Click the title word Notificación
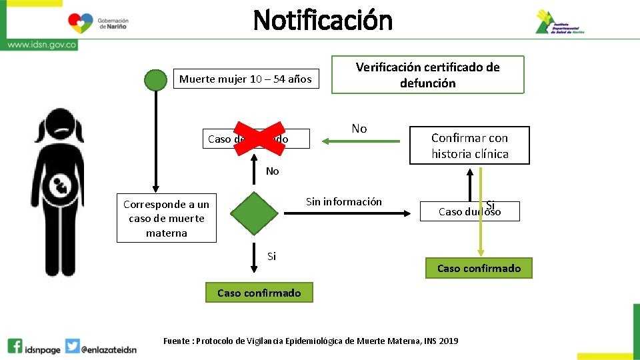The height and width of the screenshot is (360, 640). pyautogui.click(x=323, y=20)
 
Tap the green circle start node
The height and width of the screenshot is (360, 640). pyautogui.click(x=156, y=79)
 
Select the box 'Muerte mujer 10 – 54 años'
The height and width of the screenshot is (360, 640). pyautogui.click(x=245, y=79)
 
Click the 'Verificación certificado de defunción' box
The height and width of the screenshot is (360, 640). pyautogui.click(x=427, y=75)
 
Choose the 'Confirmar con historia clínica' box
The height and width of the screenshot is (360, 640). pyautogui.click(x=469, y=146)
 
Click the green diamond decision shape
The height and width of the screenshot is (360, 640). pyautogui.click(x=254, y=213)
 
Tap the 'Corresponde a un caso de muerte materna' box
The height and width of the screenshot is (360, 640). pyautogui.click(x=166, y=219)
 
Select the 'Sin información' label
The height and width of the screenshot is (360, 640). pyautogui.click(x=343, y=201)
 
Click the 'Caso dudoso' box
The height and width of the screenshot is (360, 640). pyautogui.click(x=469, y=211)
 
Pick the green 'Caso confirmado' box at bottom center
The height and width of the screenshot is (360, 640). pyautogui.click(x=259, y=293)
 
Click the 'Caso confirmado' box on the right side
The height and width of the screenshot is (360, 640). pyautogui.click(x=479, y=268)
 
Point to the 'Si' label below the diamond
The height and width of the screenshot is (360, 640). pyautogui.click(x=271, y=256)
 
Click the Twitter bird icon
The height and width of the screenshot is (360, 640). pyautogui.click(x=73, y=346)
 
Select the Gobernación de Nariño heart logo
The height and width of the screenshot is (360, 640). pyautogui.click(x=81, y=23)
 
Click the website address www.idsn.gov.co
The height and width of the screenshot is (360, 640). pyautogui.click(x=41, y=45)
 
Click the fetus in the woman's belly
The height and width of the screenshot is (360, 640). pyautogui.click(x=61, y=186)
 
